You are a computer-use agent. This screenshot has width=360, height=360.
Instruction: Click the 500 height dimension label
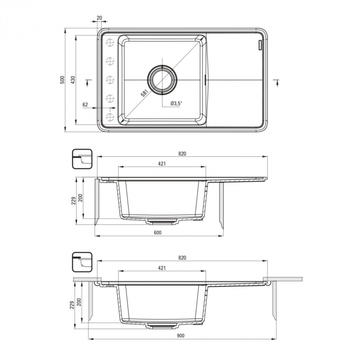click(x=62, y=80)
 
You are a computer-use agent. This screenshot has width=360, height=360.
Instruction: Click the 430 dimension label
click(x=73, y=80)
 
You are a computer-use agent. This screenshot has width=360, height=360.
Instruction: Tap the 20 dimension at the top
click(x=99, y=17)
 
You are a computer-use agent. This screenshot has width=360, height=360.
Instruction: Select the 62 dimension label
click(x=85, y=104)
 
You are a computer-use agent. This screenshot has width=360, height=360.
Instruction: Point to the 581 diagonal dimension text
click(x=144, y=93)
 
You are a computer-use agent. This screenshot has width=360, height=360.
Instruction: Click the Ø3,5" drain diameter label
click(x=176, y=103)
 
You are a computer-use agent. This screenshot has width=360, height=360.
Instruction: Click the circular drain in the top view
click(x=163, y=79)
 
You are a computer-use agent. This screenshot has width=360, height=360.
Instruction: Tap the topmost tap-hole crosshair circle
click(x=110, y=43)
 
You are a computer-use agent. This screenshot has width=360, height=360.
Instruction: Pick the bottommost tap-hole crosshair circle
click(x=110, y=117)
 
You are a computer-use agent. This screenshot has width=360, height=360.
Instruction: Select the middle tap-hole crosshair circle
click(x=110, y=80)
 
